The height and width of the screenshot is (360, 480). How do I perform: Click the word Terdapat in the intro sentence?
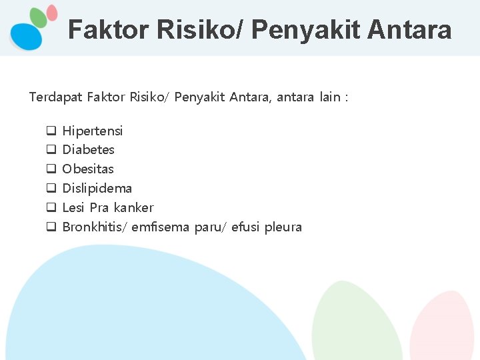tap(55, 97)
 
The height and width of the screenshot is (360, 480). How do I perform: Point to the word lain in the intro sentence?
tap(329, 97)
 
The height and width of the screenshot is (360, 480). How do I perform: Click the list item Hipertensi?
tap(92, 131)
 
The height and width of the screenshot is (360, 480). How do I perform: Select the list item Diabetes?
tap(88, 149)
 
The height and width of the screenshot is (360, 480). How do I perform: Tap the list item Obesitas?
tap(88, 169)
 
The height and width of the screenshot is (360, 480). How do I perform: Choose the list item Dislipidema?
tap(97, 188)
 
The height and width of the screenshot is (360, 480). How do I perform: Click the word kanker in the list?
tap(133, 207)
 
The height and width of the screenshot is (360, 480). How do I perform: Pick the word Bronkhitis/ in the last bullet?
tap(95, 227)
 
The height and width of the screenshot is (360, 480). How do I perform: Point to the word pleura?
tap(283, 227)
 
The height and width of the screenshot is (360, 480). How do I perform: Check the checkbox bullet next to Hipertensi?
tap(50, 131)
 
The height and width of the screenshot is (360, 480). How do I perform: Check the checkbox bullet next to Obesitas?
tap(50, 169)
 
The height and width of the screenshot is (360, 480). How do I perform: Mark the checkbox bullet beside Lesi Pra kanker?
tap(50, 207)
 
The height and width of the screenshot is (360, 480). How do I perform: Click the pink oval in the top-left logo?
tap(52, 13)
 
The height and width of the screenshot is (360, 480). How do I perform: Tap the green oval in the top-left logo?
tap(39, 18)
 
